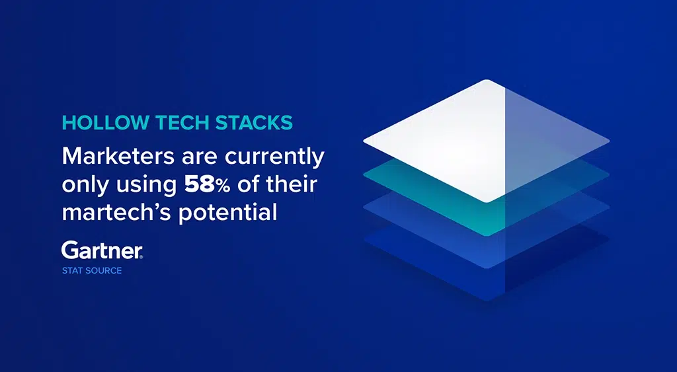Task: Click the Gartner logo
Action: pos(102,250)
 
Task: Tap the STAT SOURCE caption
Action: pos(92,271)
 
